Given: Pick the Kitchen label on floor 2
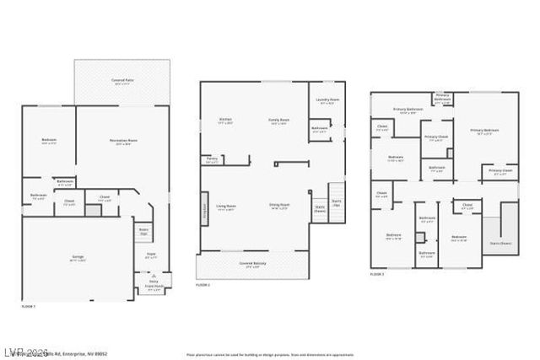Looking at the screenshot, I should click(x=225, y=121).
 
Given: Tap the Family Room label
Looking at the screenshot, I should click(x=278, y=121).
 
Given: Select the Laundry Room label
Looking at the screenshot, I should click(x=327, y=102).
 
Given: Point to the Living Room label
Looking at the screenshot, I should click(x=225, y=207).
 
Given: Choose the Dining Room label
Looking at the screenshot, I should click(x=279, y=207).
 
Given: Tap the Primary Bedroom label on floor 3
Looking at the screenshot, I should click(x=484, y=131).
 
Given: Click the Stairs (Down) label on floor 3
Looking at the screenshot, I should click(x=500, y=243).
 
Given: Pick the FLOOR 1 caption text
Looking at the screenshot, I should click(x=29, y=306).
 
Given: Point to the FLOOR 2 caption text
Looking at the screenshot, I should click(x=202, y=285).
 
